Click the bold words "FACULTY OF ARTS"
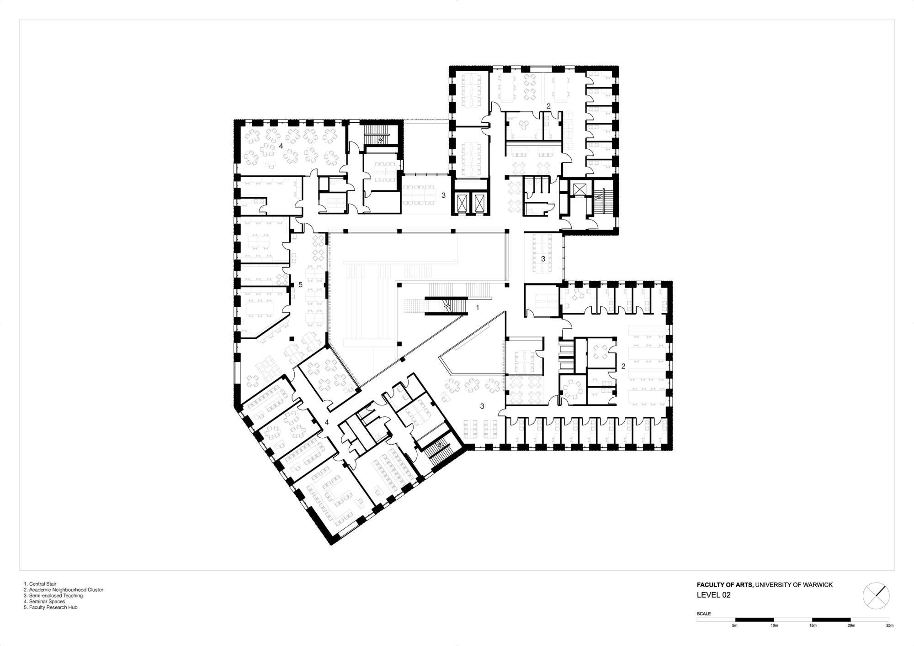pos(724,585)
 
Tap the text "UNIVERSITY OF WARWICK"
pos(794,585)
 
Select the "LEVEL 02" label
pos(713,595)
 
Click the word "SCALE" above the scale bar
pos(704,614)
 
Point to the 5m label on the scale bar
pos(735,625)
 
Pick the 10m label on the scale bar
pos(774,625)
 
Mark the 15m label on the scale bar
pos(813,625)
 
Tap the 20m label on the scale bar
pos(851,625)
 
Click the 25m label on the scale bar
pos(890,625)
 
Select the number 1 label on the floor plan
pos(478,308)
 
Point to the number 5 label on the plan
pos(300,284)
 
